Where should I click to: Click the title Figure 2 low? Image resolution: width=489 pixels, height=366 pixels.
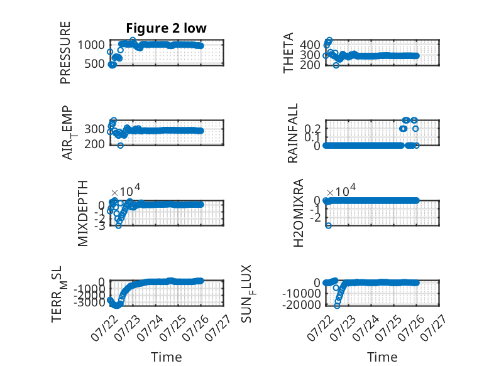166,28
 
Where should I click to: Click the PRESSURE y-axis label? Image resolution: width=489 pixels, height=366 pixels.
65,53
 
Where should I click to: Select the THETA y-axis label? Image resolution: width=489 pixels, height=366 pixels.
288,53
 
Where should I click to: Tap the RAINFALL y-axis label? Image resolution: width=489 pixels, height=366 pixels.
292,133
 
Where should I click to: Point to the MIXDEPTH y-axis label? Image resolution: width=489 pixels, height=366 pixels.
83,213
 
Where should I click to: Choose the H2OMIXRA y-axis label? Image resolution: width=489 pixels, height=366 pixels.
299,213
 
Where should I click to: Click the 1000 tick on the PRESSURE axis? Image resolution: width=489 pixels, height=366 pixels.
91,45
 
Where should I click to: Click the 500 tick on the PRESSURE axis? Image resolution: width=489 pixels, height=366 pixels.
94,64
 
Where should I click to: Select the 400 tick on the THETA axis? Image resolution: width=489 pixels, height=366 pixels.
310,45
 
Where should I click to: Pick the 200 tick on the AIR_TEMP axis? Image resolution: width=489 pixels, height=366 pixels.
94,144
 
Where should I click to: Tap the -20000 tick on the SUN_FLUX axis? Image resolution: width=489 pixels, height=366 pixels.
301,304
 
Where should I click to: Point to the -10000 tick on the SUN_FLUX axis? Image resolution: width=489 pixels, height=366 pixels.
301,293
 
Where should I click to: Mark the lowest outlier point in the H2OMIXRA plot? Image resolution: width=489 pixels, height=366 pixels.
328,225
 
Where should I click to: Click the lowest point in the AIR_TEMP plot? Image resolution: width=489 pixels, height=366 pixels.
121,146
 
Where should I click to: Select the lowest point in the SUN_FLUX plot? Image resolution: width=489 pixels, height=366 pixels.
337,306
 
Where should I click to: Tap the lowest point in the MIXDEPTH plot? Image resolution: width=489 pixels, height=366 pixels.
119,225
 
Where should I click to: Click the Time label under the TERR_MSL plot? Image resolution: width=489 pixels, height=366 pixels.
166,357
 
